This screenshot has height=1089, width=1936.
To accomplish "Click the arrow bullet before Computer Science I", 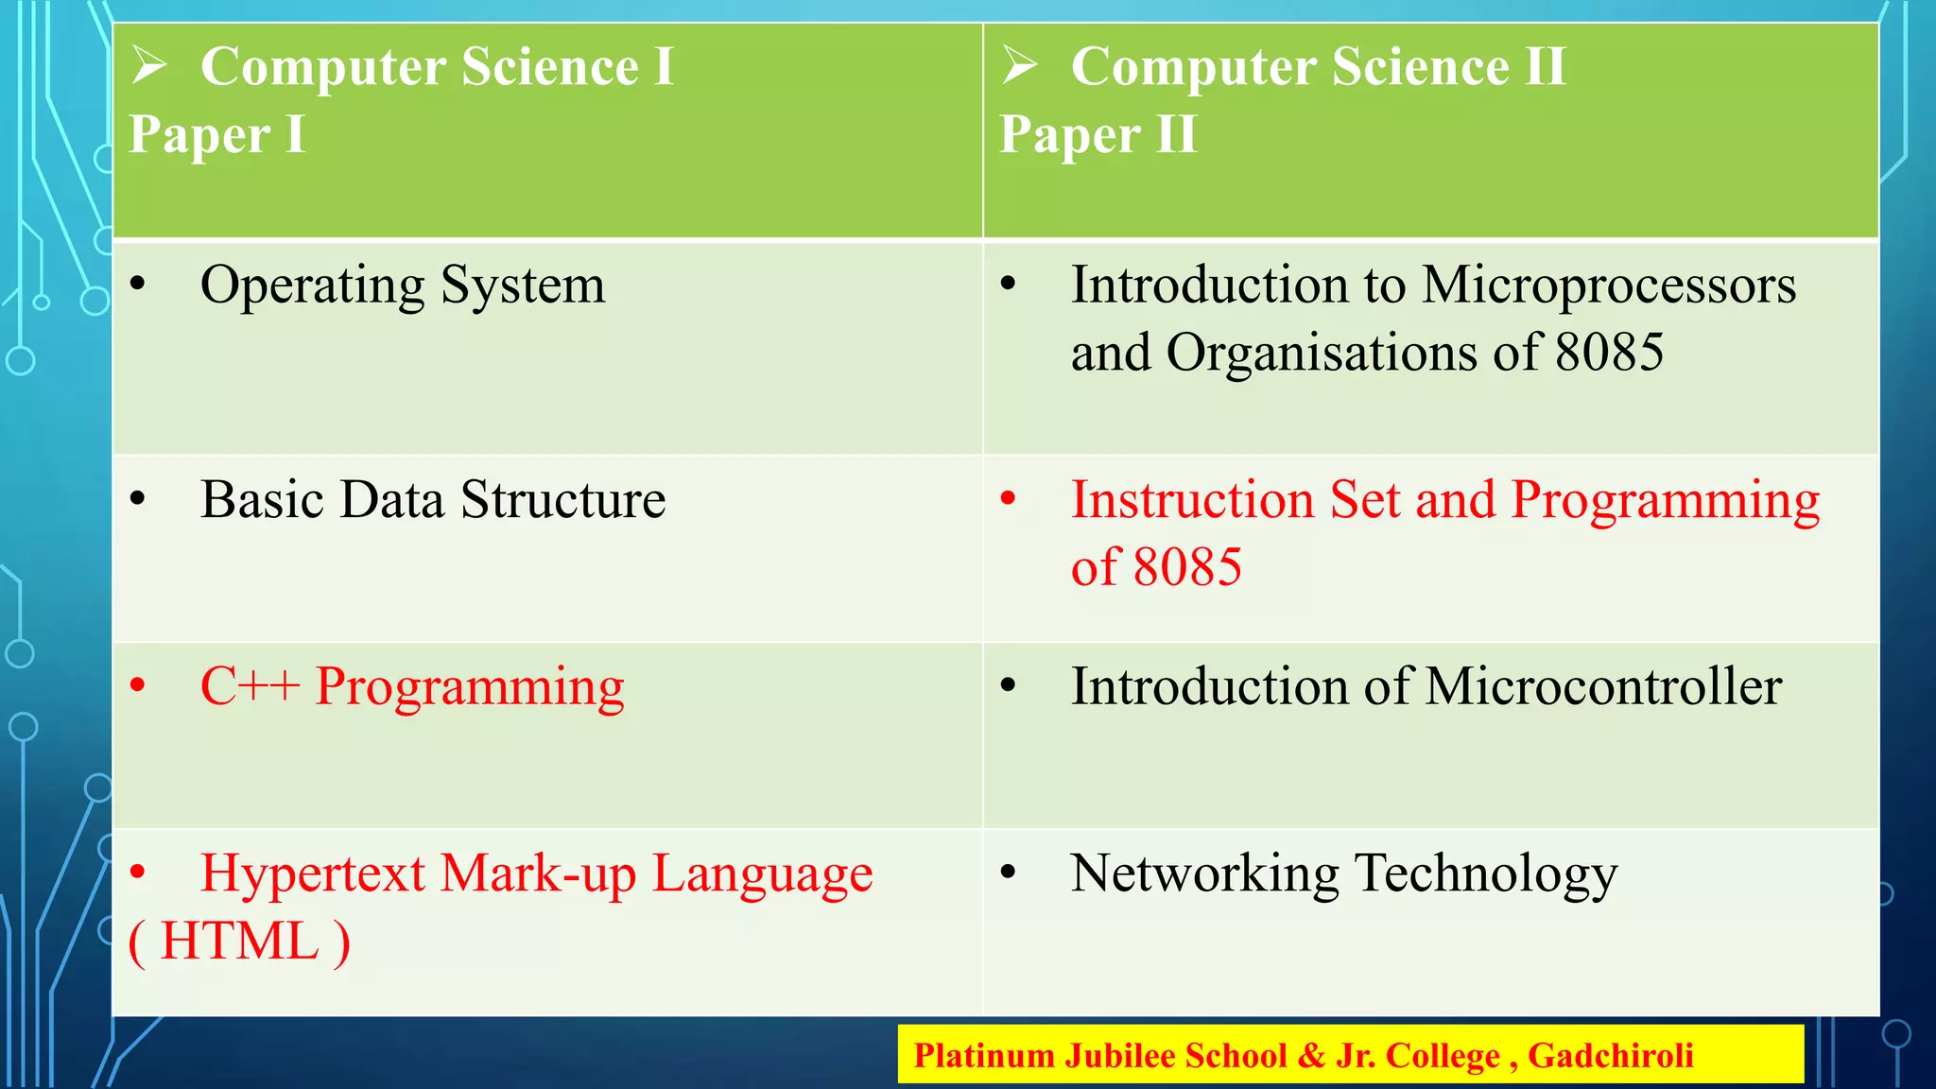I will pyautogui.click(x=149, y=65).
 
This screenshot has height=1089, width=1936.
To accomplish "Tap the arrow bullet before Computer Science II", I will pyautogui.click(x=1020, y=65).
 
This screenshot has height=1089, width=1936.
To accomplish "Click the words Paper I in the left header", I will pyautogui.click(x=216, y=134).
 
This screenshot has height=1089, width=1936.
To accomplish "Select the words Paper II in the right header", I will pyautogui.click(x=1098, y=134).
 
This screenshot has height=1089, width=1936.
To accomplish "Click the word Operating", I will pyautogui.click(x=313, y=285).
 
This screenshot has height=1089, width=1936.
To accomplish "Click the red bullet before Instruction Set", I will pyautogui.click(x=1009, y=498).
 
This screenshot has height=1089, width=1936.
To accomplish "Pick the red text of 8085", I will pyautogui.click(x=1156, y=567).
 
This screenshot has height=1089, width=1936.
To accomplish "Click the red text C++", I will pyautogui.click(x=250, y=686).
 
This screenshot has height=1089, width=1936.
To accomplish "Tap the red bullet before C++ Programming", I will pyautogui.click(x=138, y=685).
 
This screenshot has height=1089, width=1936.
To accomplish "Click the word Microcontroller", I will pyautogui.click(x=1603, y=686).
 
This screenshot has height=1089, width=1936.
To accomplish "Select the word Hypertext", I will pyautogui.click(x=313, y=873).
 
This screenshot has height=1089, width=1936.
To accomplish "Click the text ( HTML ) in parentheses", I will pyautogui.click(x=239, y=942).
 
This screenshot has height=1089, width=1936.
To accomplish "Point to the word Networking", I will pyautogui.click(x=1204, y=873).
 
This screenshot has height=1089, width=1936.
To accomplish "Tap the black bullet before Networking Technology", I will pyautogui.click(x=1009, y=873).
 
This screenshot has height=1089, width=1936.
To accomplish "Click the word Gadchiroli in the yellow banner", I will pyautogui.click(x=1610, y=1055).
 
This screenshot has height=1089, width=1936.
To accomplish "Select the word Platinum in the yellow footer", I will pyautogui.click(x=983, y=1055).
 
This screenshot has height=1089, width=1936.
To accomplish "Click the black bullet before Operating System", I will pyautogui.click(x=138, y=284).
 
